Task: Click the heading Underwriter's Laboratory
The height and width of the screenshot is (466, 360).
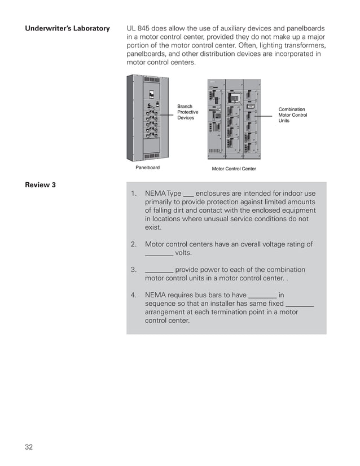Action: click(67, 28)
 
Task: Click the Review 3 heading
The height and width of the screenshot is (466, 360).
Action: click(40, 184)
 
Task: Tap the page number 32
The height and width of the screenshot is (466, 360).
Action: click(29, 447)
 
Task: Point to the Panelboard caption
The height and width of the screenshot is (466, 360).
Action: click(147, 168)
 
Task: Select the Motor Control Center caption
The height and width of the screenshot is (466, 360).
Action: click(234, 169)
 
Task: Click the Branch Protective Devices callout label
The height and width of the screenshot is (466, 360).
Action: click(187, 112)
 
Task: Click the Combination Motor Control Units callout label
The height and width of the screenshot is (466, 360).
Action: click(292, 115)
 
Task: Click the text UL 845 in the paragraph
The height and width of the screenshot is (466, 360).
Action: click(139, 28)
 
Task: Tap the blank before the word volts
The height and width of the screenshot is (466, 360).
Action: click(159, 254)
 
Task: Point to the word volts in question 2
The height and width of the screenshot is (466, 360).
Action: click(183, 253)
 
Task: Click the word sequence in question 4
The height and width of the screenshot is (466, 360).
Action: click(161, 304)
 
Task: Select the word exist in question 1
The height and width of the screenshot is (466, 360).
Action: click(153, 227)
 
